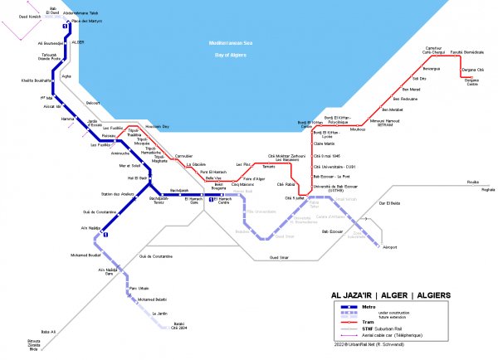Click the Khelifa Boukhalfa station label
(37, 80)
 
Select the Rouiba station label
(473, 180)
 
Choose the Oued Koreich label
(31, 17)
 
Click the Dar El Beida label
(389, 203)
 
